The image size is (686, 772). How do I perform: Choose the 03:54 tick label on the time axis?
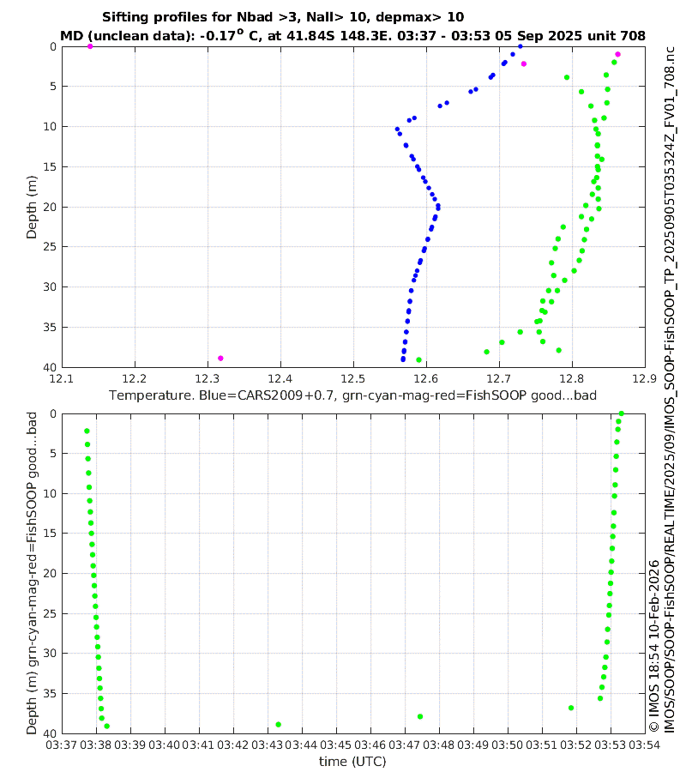(x=644, y=745)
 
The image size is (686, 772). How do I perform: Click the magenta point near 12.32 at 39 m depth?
(x=220, y=358)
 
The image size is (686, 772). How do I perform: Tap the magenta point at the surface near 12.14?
(x=90, y=46)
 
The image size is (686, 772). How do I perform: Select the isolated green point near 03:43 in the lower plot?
(x=278, y=724)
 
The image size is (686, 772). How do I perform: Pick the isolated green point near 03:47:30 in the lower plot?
(x=420, y=716)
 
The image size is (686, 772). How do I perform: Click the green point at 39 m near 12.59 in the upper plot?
(x=418, y=359)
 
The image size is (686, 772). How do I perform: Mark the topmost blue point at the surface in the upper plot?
(x=520, y=46)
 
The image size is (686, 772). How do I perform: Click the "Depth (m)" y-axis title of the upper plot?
(x=32, y=206)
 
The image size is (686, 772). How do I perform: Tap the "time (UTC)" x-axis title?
(x=352, y=761)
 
